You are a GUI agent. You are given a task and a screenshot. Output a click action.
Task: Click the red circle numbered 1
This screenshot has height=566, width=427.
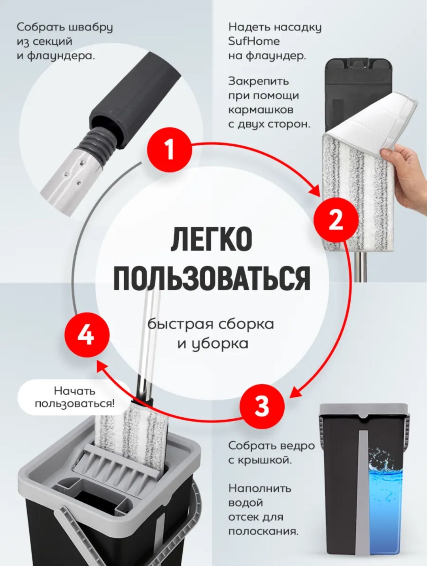pyautogui.click(x=169, y=150)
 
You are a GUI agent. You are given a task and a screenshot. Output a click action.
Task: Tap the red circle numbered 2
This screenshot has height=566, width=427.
pyautogui.click(x=336, y=220)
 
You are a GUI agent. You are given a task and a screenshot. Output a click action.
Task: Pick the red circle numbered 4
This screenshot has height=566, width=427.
pyautogui.click(x=87, y=335)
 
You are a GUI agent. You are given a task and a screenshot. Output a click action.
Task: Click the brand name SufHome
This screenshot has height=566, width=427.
pyautogui.click(x=254, y=41)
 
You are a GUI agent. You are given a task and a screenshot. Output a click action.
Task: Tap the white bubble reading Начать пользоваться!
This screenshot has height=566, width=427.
pyautogui.click(x=74, y=397)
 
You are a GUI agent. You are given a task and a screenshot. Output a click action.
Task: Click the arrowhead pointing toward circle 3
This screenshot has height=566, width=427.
pyautogui.click(x=297, y=392)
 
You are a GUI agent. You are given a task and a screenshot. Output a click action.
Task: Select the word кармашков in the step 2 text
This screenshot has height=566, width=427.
pyautogui.click(x=261, y=110)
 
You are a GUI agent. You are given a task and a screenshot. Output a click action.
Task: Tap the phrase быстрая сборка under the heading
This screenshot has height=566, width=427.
pyautogui.click(x=210, y=324)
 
